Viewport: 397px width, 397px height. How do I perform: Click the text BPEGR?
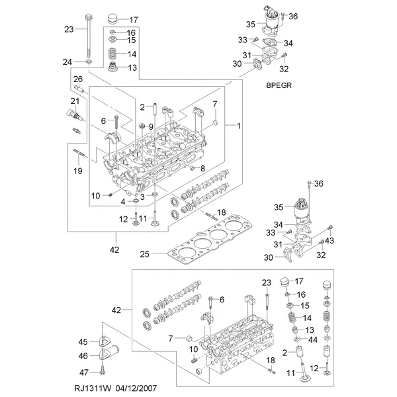click(279, 85)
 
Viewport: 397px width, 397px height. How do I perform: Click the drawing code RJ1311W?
click(93, 388)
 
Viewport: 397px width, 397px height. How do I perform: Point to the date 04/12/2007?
click(136, 388)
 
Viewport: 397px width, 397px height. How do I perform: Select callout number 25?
click(144, 254)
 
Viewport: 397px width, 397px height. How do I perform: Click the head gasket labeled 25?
click(211, 239)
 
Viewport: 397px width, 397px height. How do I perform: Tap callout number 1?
click(238, 126)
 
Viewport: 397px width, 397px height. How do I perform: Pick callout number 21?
click(75, 101)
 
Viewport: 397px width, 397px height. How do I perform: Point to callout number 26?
click(78, 79)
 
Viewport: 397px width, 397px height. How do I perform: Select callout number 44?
click(313, 339)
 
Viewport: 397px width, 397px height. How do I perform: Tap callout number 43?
click(330, 240)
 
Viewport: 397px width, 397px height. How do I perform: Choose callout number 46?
click(83, 356)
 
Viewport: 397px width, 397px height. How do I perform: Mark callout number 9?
click(151, 126)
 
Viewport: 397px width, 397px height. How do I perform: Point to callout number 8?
click(202, 168)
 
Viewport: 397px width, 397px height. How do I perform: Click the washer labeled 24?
click(89, 62)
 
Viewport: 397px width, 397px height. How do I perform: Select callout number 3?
click(142, 197)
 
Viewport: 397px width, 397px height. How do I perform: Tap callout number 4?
click(123, 202)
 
